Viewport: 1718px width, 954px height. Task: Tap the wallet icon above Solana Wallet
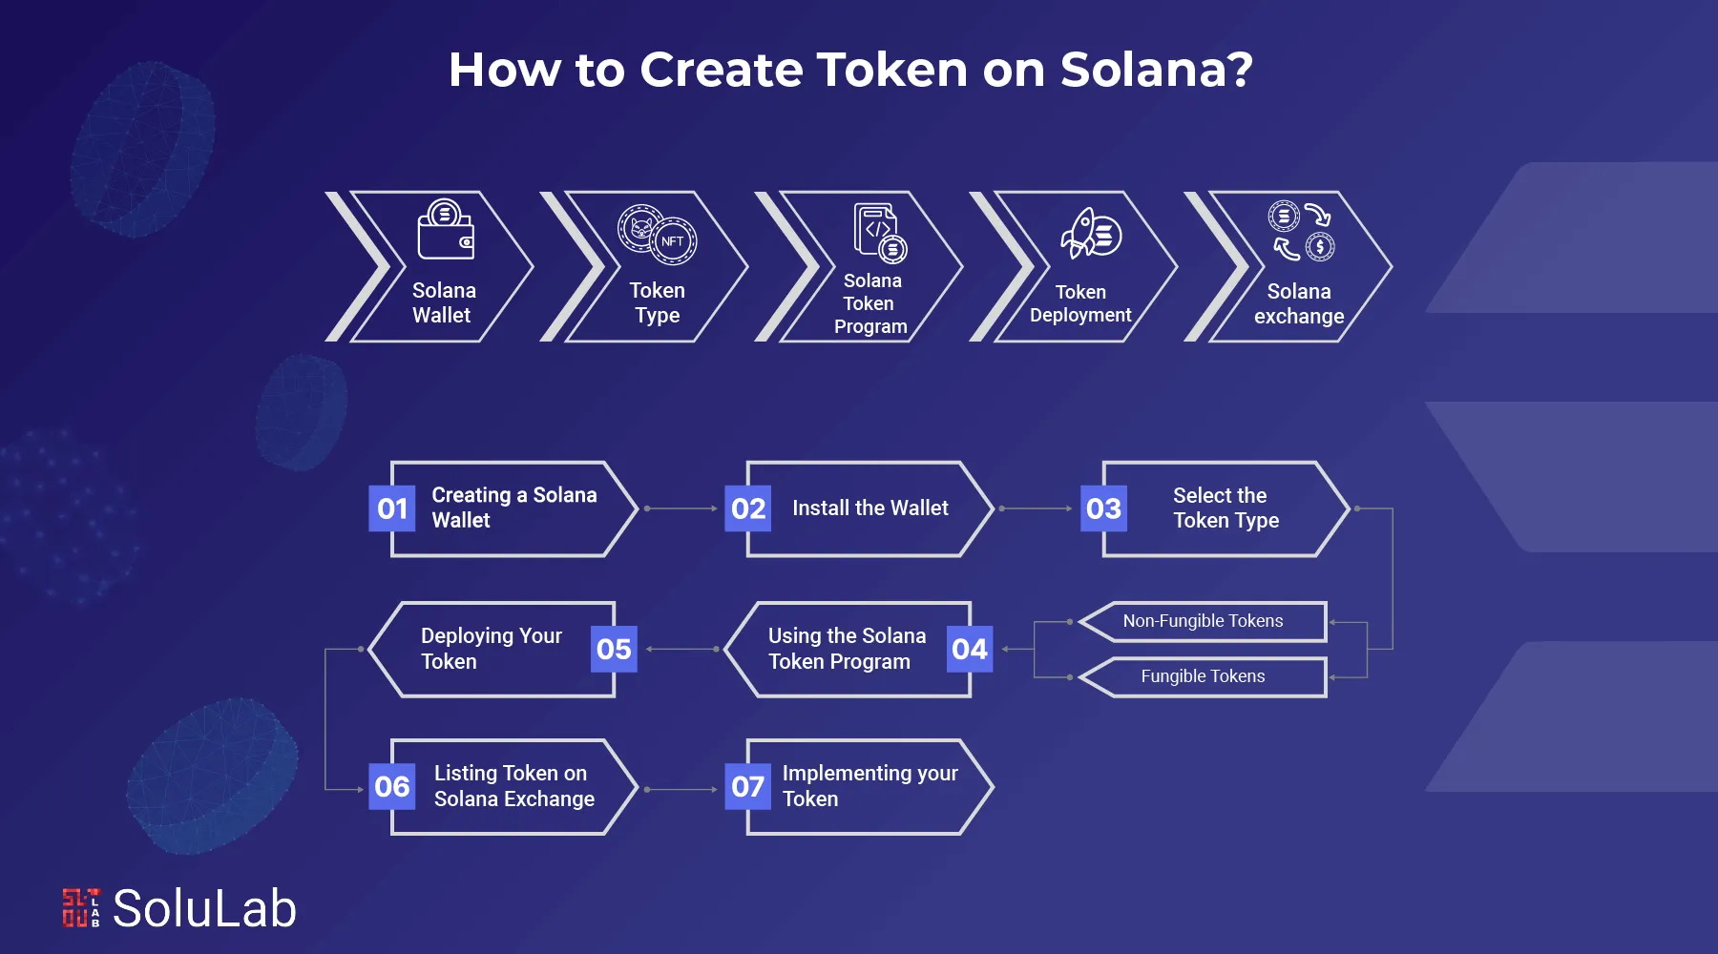445,230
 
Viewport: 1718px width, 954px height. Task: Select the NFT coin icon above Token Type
658,234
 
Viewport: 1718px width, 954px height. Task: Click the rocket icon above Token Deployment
1090,234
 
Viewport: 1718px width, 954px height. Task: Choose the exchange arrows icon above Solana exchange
1300,231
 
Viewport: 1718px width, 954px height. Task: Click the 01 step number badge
392,508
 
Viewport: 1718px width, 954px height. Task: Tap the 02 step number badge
748,508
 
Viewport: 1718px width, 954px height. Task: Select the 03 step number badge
1103,508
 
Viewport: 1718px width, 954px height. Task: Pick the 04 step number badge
970,650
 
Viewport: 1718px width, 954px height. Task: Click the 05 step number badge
614,650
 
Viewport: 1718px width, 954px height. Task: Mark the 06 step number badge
392,787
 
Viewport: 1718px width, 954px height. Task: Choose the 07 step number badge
748,787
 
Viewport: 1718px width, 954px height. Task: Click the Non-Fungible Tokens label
1203,621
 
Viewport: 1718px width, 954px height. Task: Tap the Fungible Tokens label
1203,676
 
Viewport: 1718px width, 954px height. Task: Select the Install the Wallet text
869,508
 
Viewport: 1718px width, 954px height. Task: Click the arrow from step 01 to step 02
681,508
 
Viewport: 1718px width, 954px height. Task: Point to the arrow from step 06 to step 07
681,790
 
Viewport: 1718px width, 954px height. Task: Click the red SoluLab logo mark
81,908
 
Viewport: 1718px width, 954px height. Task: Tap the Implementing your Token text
869,786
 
